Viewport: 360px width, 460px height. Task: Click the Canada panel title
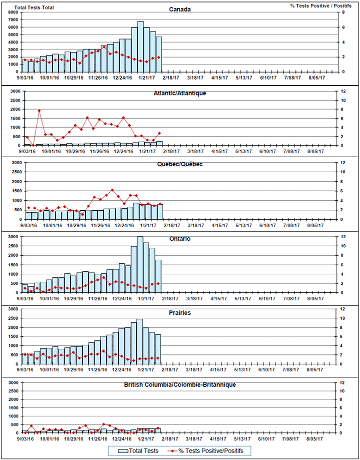[179, 10]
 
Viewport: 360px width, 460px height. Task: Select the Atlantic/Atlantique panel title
[179, 93]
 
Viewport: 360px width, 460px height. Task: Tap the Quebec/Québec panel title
[179, 164]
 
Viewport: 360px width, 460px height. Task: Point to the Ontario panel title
[179, 239]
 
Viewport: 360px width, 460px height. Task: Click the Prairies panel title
[179, 313]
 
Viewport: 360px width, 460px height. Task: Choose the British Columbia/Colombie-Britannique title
[179, 385]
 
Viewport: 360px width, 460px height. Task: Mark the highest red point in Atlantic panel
[39, 111]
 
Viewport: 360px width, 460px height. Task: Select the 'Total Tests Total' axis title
[34, 8]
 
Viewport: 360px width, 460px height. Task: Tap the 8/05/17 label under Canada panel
[315, 78]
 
